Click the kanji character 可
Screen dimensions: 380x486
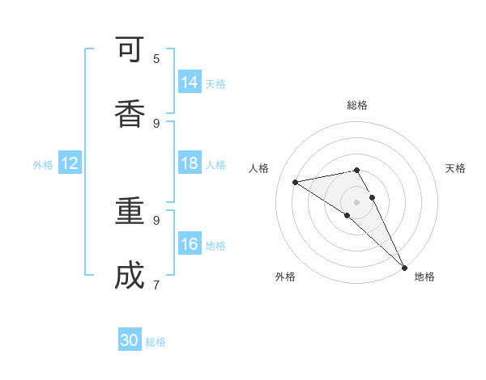(130, 51)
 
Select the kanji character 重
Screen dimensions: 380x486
(130, 212)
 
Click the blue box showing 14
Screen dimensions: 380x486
(190, 82)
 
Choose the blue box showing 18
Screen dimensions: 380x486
(190, 163)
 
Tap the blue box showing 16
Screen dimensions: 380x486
(190, 244)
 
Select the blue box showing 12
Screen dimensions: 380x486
(70, 163)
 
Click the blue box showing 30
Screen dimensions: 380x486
(130, 340)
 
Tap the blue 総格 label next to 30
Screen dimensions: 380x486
(156, 342)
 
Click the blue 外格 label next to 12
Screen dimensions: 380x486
(43, 165)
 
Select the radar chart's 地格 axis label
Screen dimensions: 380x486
(424, 277)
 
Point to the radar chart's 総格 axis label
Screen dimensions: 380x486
(357, 105)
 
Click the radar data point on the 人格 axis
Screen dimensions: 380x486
(296, 182)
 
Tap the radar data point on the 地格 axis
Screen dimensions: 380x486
(404, 267)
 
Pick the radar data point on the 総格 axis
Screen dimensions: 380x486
(357, 170)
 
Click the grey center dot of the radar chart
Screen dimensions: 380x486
(357, 201)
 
